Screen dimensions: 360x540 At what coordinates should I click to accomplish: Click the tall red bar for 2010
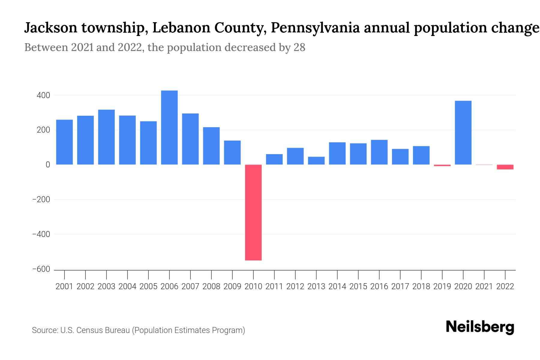click(253, 212)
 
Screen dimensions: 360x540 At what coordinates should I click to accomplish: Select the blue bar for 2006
click(169, 127)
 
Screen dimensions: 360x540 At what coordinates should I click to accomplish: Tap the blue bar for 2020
click(463, 133)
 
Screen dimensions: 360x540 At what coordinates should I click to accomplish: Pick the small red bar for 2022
click(505, 167)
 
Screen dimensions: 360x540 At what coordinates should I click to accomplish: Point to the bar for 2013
click(316, 160)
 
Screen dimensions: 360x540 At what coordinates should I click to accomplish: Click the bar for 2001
click(64, 142)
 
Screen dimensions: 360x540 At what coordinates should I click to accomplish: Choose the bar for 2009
click(232, 152)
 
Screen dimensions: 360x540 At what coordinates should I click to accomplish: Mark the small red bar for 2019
click(442, 165)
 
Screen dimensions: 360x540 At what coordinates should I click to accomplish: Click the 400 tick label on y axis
click(43, 96)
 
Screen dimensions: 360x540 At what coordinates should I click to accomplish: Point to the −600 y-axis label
click(41, 269)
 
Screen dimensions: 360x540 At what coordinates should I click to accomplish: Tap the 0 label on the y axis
click(48, 165)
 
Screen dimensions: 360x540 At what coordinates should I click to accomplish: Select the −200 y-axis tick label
click(41, 199)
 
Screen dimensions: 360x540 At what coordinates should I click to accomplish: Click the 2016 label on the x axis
click(379, 286)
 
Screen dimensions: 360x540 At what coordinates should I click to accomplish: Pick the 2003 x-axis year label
click(106, 286)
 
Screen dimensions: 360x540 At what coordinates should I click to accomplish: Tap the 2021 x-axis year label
click(484, 286)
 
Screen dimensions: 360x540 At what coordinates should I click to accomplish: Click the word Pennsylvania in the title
click(315, 28)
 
